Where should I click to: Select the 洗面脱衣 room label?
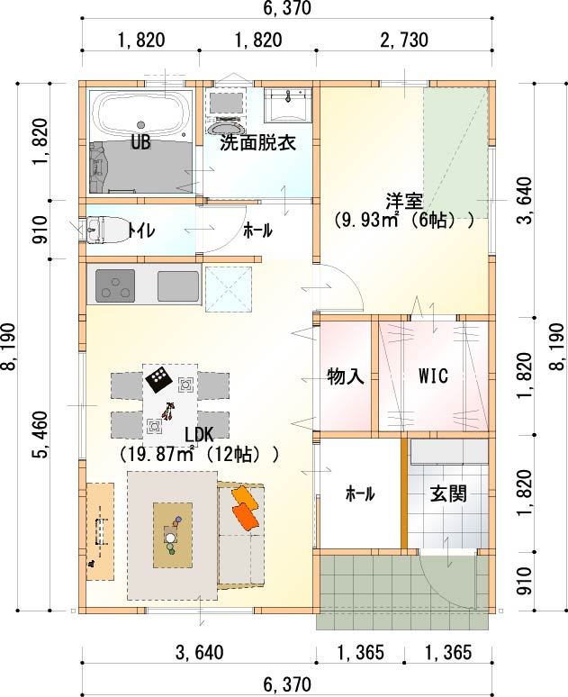tap(257, 143)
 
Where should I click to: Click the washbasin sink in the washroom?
tap(288, 104)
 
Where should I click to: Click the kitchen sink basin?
tap(178, 285)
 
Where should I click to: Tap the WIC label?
tap(433, 376)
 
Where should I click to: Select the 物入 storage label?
tap(346, 376)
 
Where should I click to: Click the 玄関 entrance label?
tap(448, 493)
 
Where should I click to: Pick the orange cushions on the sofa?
tap(245, 507)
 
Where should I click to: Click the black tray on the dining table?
tap(158, 380)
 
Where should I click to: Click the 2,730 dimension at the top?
tap(404, 40)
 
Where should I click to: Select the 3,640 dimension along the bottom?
tap(200, 653)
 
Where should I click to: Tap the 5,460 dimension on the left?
tap(39, 435)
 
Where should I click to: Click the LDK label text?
tap(200, 434)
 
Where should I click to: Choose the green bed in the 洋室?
tap(456, 152)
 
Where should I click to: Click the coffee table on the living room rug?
tap(173, 535)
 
